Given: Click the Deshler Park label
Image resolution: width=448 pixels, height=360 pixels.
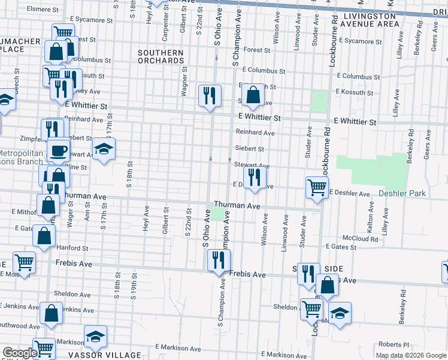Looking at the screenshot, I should (402, 194).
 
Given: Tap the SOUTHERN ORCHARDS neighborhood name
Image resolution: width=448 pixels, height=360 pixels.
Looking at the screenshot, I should (161, 57).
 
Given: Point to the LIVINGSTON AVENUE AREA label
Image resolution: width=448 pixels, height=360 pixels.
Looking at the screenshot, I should (368, 19).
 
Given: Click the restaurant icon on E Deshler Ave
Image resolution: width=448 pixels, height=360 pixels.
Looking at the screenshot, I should (255, 178).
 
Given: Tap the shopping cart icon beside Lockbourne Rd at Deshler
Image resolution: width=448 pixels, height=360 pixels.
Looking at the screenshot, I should (317, 187).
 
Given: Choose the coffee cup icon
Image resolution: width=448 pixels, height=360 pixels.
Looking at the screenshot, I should (58, 150).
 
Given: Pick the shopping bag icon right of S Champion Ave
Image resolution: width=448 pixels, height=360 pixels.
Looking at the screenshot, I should (254, 95).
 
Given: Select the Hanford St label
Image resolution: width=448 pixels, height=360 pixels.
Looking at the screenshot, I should (72, 248).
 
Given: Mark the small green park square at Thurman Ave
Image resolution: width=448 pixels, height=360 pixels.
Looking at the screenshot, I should (216, 212).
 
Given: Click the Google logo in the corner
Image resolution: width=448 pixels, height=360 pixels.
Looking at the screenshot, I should (19, 353).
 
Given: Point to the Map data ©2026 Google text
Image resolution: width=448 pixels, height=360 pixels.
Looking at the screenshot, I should (411, 355).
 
